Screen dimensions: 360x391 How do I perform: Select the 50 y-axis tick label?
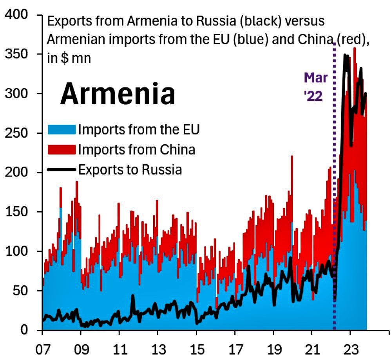(x=22, y=291)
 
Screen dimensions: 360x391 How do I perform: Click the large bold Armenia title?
(x=117, y=94)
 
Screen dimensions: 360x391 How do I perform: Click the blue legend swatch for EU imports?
(x=62, y=129)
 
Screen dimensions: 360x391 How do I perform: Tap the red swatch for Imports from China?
(x=62, y=149)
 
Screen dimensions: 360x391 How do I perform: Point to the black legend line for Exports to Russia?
(x=62, y=170)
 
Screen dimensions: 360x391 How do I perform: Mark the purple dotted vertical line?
(x=334, y=196)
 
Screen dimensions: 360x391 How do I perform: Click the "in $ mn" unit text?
(x=69, y=59)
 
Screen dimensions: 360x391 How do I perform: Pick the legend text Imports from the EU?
(x=139, y=129)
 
